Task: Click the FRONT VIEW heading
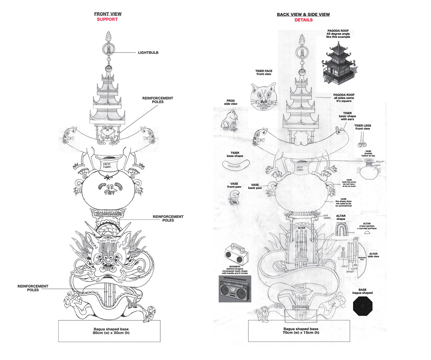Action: (106, 14)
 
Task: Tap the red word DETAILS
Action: (303, 20)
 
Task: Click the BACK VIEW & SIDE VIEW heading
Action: (303, 15)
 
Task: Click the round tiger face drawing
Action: (263, 96)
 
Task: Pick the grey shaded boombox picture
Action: (234, 288)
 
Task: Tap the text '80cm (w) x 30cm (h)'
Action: (109, 333)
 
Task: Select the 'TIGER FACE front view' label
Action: (263, 72)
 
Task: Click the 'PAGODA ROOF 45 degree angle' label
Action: (338, 34)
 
